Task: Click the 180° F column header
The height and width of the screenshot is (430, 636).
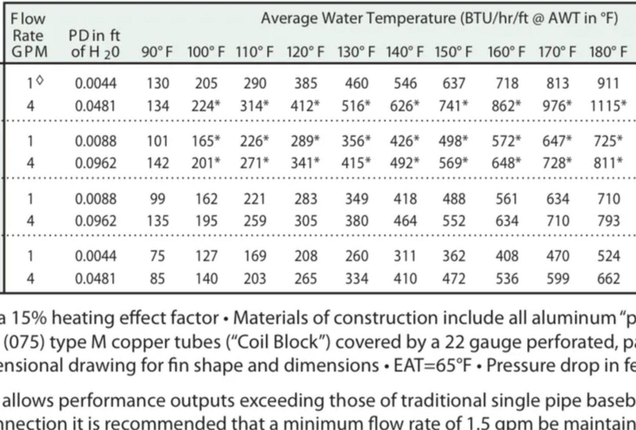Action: (608, 52)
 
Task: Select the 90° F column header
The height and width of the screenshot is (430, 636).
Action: (157, 52)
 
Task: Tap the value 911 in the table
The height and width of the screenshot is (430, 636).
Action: (608, 83)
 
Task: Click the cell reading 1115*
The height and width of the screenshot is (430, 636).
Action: (608, 106)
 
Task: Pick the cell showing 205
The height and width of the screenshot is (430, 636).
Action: (206, 83)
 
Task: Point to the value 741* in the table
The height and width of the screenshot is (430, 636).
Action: (453, 106)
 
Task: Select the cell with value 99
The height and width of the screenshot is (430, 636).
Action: (157, 199)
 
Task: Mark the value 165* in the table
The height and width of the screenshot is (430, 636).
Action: (206, 141)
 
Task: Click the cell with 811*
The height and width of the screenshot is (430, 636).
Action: (608, 163)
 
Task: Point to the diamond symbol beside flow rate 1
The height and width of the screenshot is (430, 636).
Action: (40, 80)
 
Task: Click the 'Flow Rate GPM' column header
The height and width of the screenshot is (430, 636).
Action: (29, 35)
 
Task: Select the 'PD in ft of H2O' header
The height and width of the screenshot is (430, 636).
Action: (95, 43)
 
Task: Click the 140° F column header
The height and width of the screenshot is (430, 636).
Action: (404, 52)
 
